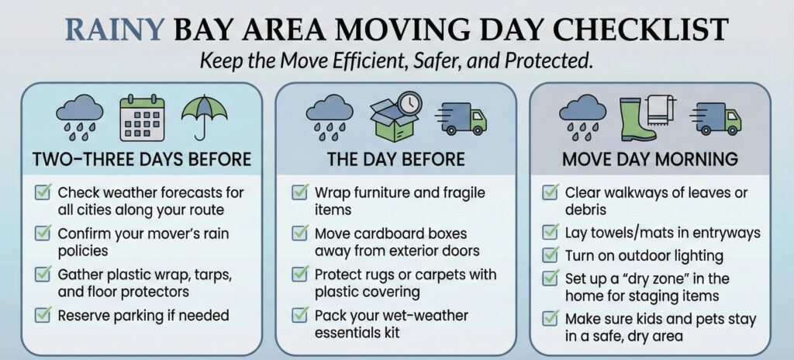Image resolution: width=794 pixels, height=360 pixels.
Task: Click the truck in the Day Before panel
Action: pos(463,117)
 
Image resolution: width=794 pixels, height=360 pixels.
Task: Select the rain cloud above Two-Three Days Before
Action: pos(79,116)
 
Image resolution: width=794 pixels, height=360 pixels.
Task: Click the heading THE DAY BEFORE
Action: pos(396,160)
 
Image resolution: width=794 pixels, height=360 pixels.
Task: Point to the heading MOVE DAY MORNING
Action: pos(650,160)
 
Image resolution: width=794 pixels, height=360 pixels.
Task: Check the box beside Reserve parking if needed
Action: pos(44,316)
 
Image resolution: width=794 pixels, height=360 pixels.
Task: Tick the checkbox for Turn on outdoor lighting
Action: pos(550,254)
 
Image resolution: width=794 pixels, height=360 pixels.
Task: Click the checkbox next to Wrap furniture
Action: pos(299,192)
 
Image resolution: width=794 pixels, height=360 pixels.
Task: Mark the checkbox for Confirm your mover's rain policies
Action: pos(44,234)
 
